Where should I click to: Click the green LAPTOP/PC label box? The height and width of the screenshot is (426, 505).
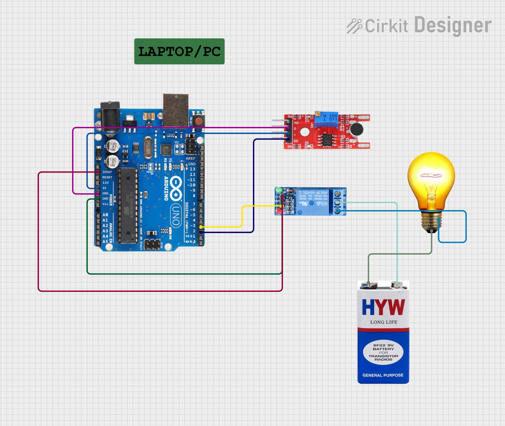(x=179, y=51)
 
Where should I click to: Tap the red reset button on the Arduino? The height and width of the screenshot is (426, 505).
(x=198, y=121)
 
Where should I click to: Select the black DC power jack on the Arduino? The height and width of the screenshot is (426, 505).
(x=110, y=115)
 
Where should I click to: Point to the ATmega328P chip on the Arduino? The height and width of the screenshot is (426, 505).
(x=128, y=206)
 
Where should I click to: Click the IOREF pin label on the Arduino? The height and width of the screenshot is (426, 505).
(x=107, y=172)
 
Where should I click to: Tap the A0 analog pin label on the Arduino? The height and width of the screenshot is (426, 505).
(x=105, y=215)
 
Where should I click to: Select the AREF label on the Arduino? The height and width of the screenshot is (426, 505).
(x=190, y=158)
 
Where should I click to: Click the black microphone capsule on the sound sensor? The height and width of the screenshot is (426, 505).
(x=356, y=129)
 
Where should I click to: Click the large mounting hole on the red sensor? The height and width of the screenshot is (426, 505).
(x=304, y=132)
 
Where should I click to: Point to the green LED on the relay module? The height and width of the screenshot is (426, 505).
(x=279, y=190)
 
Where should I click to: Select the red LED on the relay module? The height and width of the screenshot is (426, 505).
(x=279, y=211)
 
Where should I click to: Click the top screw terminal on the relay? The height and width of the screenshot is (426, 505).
(x=337, y=193)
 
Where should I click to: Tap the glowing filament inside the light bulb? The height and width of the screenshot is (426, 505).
(x=431, y=176)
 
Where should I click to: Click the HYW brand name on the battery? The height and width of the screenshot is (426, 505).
(x=383, y=307)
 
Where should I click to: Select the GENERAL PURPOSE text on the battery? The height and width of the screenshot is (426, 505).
(x=383, y=375)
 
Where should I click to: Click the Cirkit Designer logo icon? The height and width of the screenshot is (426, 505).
(x=354, y=26)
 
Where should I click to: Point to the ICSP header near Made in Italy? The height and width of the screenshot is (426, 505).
(x=152, y=244)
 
